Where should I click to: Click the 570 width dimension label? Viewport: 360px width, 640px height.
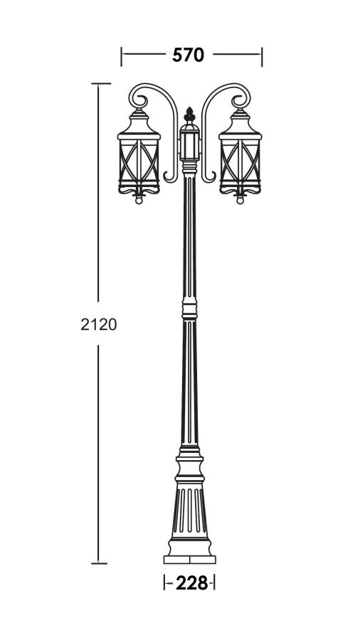point(188,55)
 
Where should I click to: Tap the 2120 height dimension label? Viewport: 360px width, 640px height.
point(99,324)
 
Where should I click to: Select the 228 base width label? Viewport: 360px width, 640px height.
point(191,583)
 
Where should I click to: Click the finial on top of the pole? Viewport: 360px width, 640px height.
point(189,114)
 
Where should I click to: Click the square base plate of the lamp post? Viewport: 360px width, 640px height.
point(189,560)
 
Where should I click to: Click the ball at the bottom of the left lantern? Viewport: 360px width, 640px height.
point(139,201)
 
